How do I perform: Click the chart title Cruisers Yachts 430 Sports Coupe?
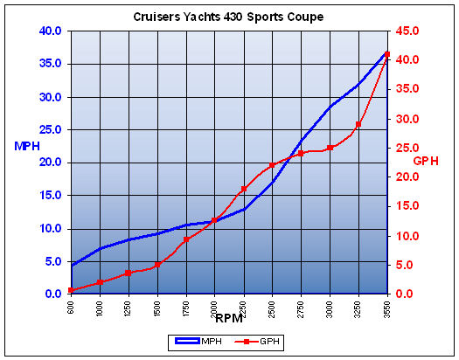229,17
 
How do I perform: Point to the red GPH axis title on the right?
426,161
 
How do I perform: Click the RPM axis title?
228,318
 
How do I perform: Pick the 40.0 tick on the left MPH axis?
49,31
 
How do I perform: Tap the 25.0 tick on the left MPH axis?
49,129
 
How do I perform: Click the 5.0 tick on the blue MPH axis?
52,261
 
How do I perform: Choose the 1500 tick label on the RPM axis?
157,308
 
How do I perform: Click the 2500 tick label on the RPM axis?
272,308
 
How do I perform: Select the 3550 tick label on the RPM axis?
387,308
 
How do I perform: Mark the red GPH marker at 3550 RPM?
386,54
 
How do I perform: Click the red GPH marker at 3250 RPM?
358,124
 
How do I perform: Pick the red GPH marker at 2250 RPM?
243,190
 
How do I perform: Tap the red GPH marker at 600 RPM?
71,290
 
